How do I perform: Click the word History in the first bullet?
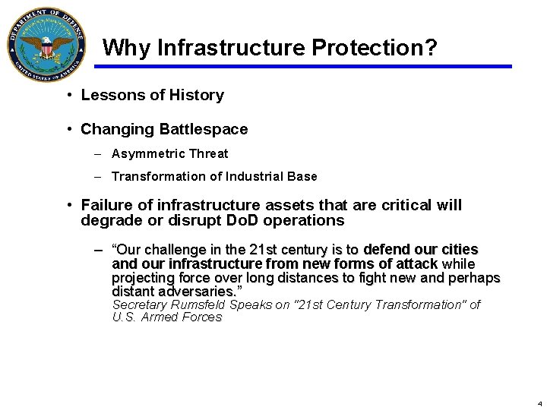(x=198, y=96)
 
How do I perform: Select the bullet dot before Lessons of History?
(x=69, y=96)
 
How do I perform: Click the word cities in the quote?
(x=460, y=250)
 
